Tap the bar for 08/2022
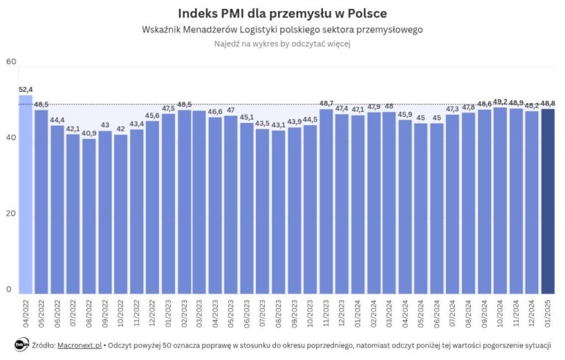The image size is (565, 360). [89, 216]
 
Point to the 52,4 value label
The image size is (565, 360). [26, 89]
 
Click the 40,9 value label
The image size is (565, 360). [89, 133]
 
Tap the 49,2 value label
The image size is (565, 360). [500, 102]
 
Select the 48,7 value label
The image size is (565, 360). [326, 103]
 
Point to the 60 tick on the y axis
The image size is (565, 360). [10, 62]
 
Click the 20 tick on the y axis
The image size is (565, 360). [10, 213]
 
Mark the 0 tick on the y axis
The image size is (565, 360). [9, 289]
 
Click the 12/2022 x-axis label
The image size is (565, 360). [153, 314]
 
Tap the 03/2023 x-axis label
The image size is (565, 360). [200, 314]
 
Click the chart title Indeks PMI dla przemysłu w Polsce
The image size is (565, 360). [282, 13]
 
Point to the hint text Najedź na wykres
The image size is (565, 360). [282, 44]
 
